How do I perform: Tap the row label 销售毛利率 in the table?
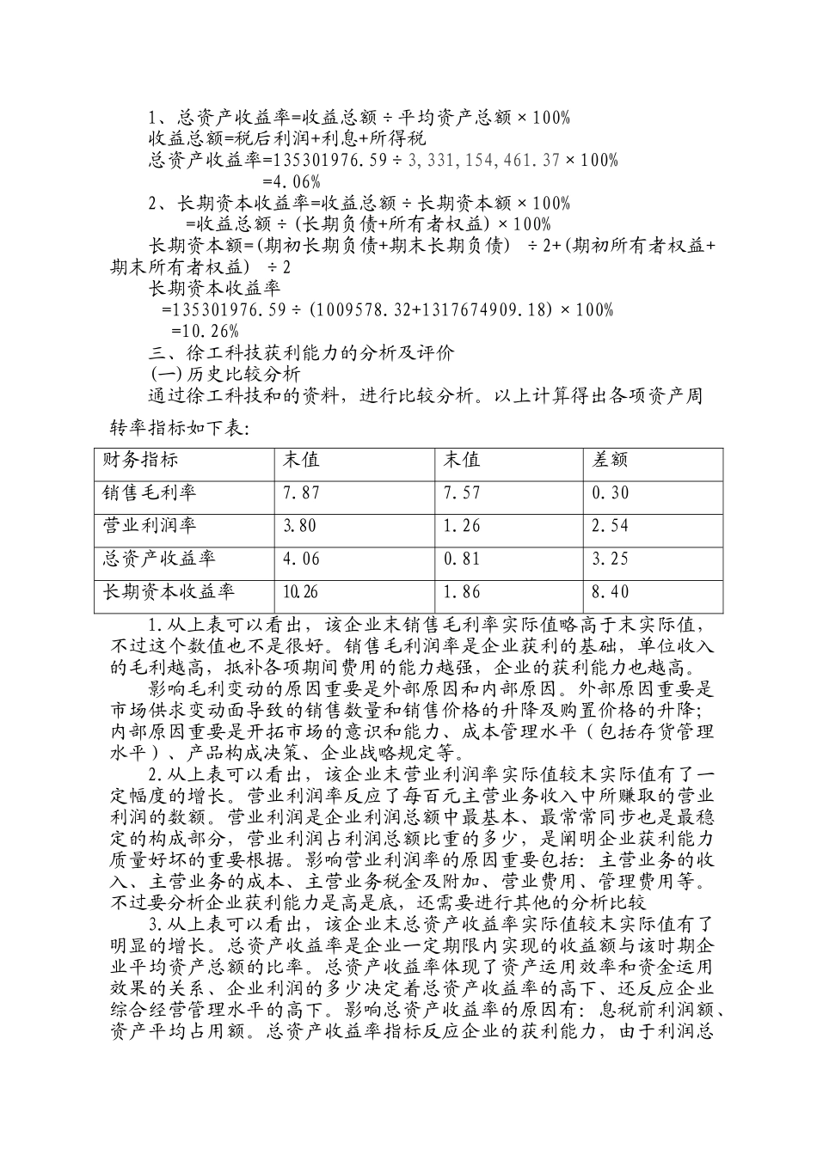(149, 492)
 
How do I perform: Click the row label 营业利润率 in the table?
(149, 525)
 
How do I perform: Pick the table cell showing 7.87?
(301, 492)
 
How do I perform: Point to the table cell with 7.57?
(461, 492)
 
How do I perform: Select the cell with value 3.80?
(301, 525)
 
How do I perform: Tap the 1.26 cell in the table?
(461, 525)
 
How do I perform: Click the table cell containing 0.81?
(461, 559)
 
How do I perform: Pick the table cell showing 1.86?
(461, 592)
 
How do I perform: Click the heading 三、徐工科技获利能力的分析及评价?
(301, 352)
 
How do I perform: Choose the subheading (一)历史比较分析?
(225, 374)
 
